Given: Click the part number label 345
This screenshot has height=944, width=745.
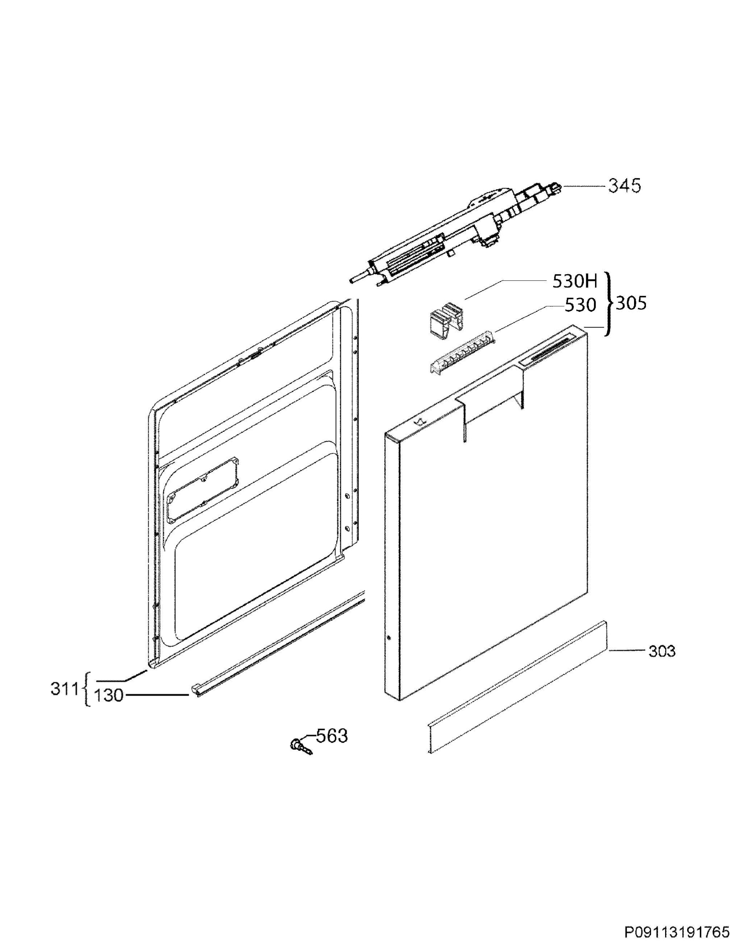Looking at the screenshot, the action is (625, 186).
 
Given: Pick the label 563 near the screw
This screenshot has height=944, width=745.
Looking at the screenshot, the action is (332, 736).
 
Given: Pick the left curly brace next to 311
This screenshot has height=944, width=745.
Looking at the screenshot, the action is (86, 689).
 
